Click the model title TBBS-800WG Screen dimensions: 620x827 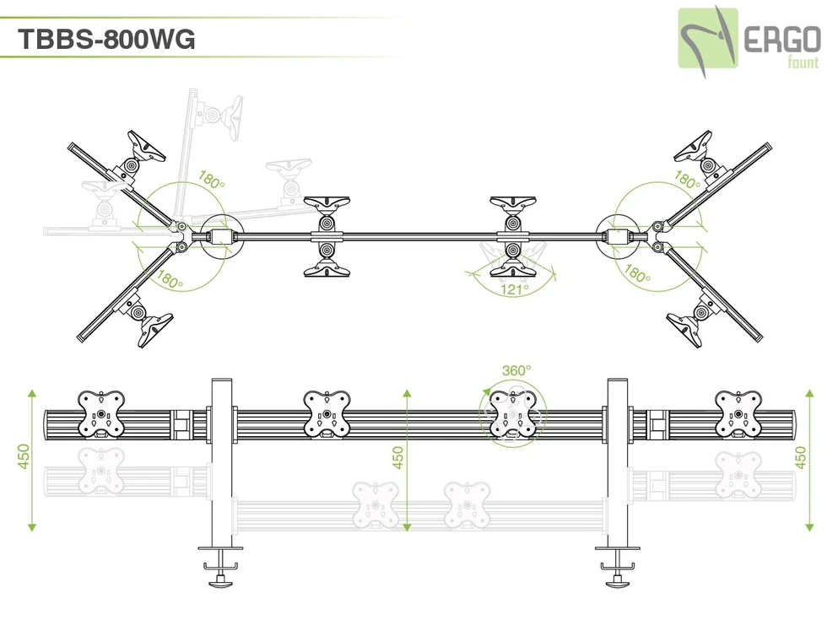(x=106, y=39)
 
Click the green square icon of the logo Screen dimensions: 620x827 (x=708, y=38)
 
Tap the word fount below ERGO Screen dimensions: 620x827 (x=802, y=62)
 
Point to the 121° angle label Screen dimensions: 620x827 (x=515, y=289)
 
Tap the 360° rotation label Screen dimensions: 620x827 (x=516, y=370)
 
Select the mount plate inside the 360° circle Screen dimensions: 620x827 (x=513, y=414)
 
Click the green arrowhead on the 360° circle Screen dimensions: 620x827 (x=488, y=390)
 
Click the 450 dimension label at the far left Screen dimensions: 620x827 (x=24, y=459)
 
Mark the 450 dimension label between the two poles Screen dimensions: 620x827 (x=398, y=459)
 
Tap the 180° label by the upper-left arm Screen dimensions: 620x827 (x=211, y=180)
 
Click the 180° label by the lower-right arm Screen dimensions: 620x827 (x=637, y=275)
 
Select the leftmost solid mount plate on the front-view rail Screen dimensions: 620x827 (x=101, y=414)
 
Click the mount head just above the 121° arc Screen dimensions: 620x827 (x=511, y=260)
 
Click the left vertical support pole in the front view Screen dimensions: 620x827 (x=221, y=464)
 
